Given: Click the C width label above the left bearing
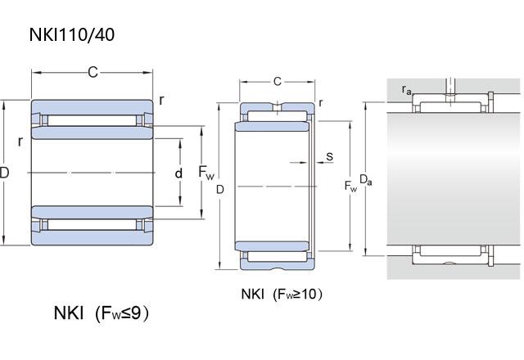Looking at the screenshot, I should (93, 73).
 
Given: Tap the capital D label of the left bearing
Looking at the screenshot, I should (4, 173).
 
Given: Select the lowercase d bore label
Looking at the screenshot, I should (178, 173).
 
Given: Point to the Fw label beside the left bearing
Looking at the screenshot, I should (207, 173).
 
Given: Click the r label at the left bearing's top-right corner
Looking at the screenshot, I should (161, 100).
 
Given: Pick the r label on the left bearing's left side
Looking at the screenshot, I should (20, 140).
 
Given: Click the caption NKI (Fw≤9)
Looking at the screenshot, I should (102, 313).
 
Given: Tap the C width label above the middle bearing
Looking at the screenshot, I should (278, 81).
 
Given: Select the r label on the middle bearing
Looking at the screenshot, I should (320, 102).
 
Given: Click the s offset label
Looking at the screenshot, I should (329, 155).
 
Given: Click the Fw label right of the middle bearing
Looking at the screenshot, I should (350, 187).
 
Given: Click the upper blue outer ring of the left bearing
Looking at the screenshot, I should (92, 107).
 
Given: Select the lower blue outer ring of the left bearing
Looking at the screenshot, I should (92, 238).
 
